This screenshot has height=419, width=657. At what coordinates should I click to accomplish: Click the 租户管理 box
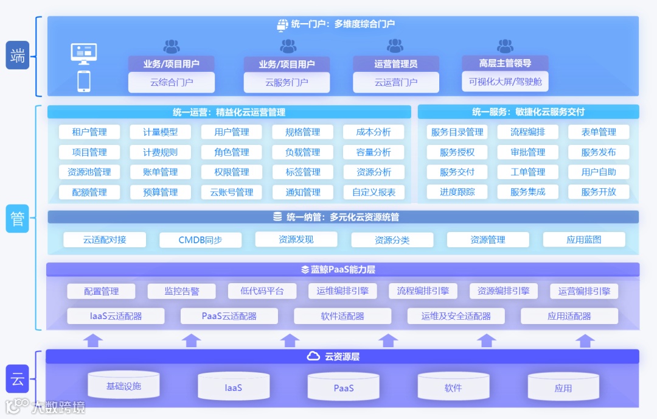pos(89,132)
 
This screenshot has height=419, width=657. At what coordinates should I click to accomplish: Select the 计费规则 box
pos(161,152)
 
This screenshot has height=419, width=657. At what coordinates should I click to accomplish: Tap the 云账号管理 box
pos(232,192)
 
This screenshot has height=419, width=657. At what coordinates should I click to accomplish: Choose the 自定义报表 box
pos(374,192)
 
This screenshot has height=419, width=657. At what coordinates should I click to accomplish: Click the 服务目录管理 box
pos(457,132)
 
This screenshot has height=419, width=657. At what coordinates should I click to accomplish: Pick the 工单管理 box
pos(528,172)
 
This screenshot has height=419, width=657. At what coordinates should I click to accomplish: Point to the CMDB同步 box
pos(200,240)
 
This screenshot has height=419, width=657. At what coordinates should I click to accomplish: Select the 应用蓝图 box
pos(584,240)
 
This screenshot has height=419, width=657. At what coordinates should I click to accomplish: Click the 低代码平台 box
pos(262,291)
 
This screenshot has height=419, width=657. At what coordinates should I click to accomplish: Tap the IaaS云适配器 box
pos(116,316)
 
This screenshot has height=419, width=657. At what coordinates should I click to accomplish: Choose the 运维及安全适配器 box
pos(456,316)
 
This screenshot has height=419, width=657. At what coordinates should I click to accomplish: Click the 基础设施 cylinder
pos(123,386)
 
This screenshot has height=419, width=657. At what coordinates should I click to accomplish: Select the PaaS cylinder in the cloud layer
pos(344,388)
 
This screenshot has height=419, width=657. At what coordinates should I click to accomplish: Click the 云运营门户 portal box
pos(396,82)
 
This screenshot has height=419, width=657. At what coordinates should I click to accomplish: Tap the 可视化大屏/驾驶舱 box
pos(506,81)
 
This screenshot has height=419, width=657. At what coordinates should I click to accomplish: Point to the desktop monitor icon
pos(84,54)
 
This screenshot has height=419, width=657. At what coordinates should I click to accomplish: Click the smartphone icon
pos(84,81)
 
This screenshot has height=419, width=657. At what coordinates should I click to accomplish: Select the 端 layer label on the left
pos(18,56)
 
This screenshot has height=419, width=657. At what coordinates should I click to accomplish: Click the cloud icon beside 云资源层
pos(313,356)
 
